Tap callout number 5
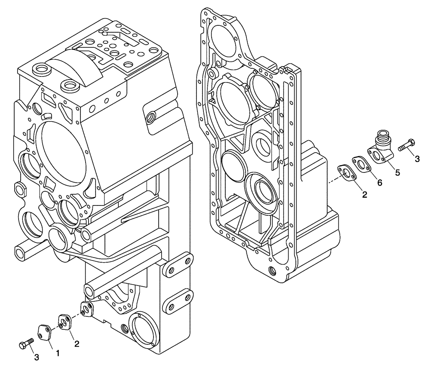tap(397, 172)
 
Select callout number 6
tap(379, 182)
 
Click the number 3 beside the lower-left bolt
tap(37, 357)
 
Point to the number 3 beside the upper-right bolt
tap(417, 159)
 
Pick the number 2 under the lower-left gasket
tap(77, 343)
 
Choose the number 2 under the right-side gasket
tap(364, 195)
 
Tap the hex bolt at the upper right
tap(406, 145)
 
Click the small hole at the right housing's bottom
tap(270, 271)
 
